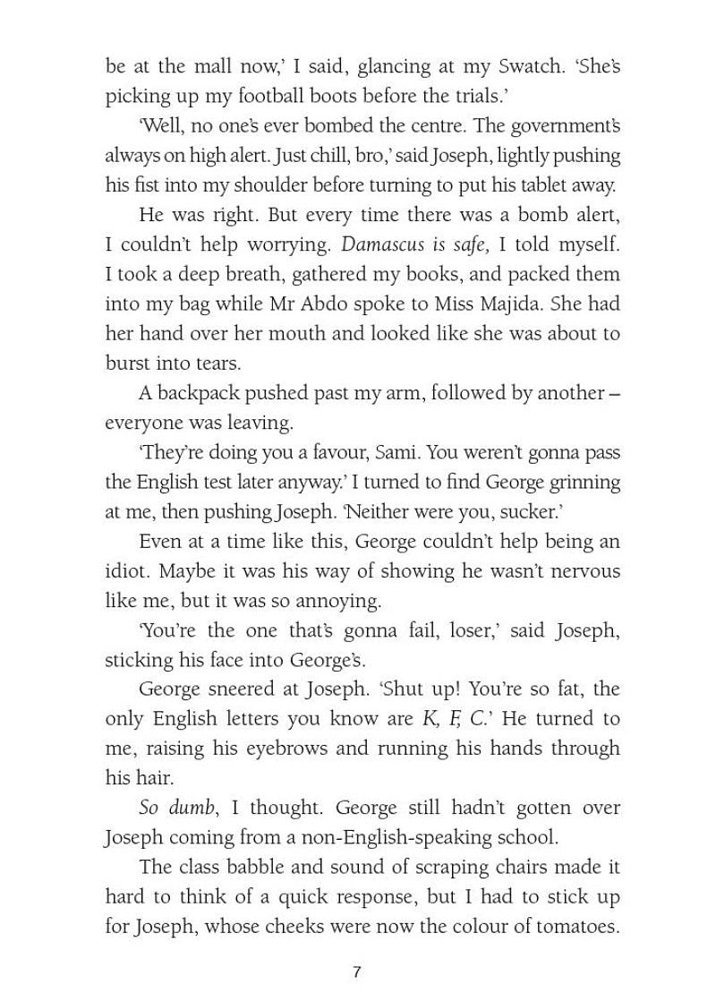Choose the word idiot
tap(125, 570)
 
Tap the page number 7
tap(357, 972)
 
